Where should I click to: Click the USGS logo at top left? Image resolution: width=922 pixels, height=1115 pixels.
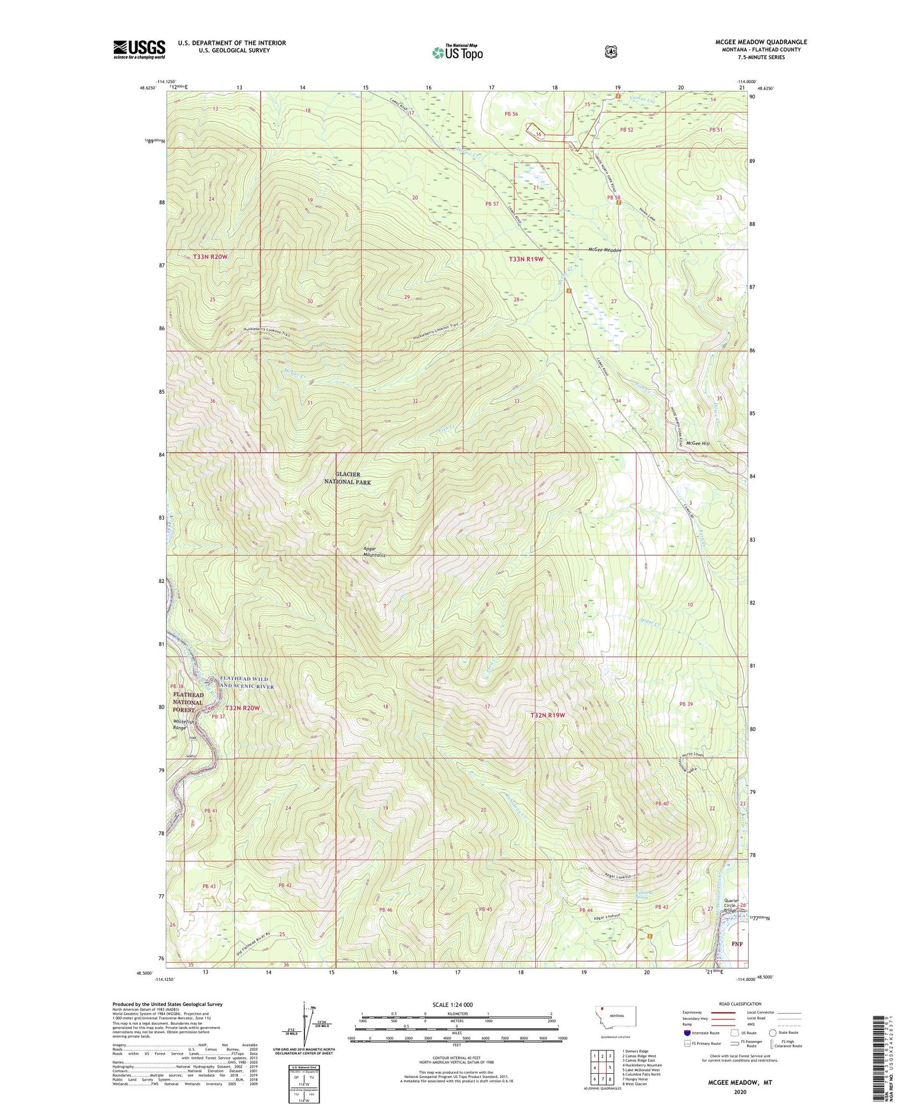pos(139,49)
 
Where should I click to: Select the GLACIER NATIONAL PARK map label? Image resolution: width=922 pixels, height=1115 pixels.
pos(347,478)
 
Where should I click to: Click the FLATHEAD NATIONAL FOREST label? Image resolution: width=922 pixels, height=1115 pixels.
pos(187,702)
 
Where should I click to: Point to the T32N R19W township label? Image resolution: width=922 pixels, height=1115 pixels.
pos(547,715)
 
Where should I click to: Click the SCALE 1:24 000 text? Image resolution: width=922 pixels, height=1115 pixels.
pos(452,1004)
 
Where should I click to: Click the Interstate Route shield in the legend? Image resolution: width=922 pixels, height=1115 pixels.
pos(687,1033)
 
